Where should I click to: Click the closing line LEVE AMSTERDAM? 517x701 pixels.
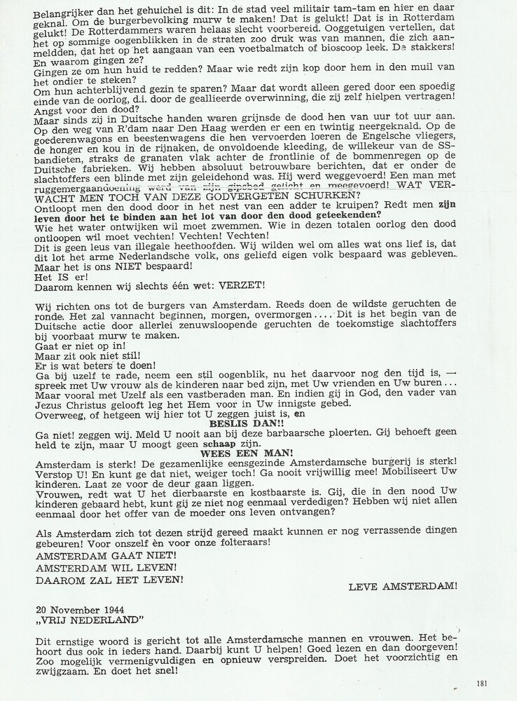403,586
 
